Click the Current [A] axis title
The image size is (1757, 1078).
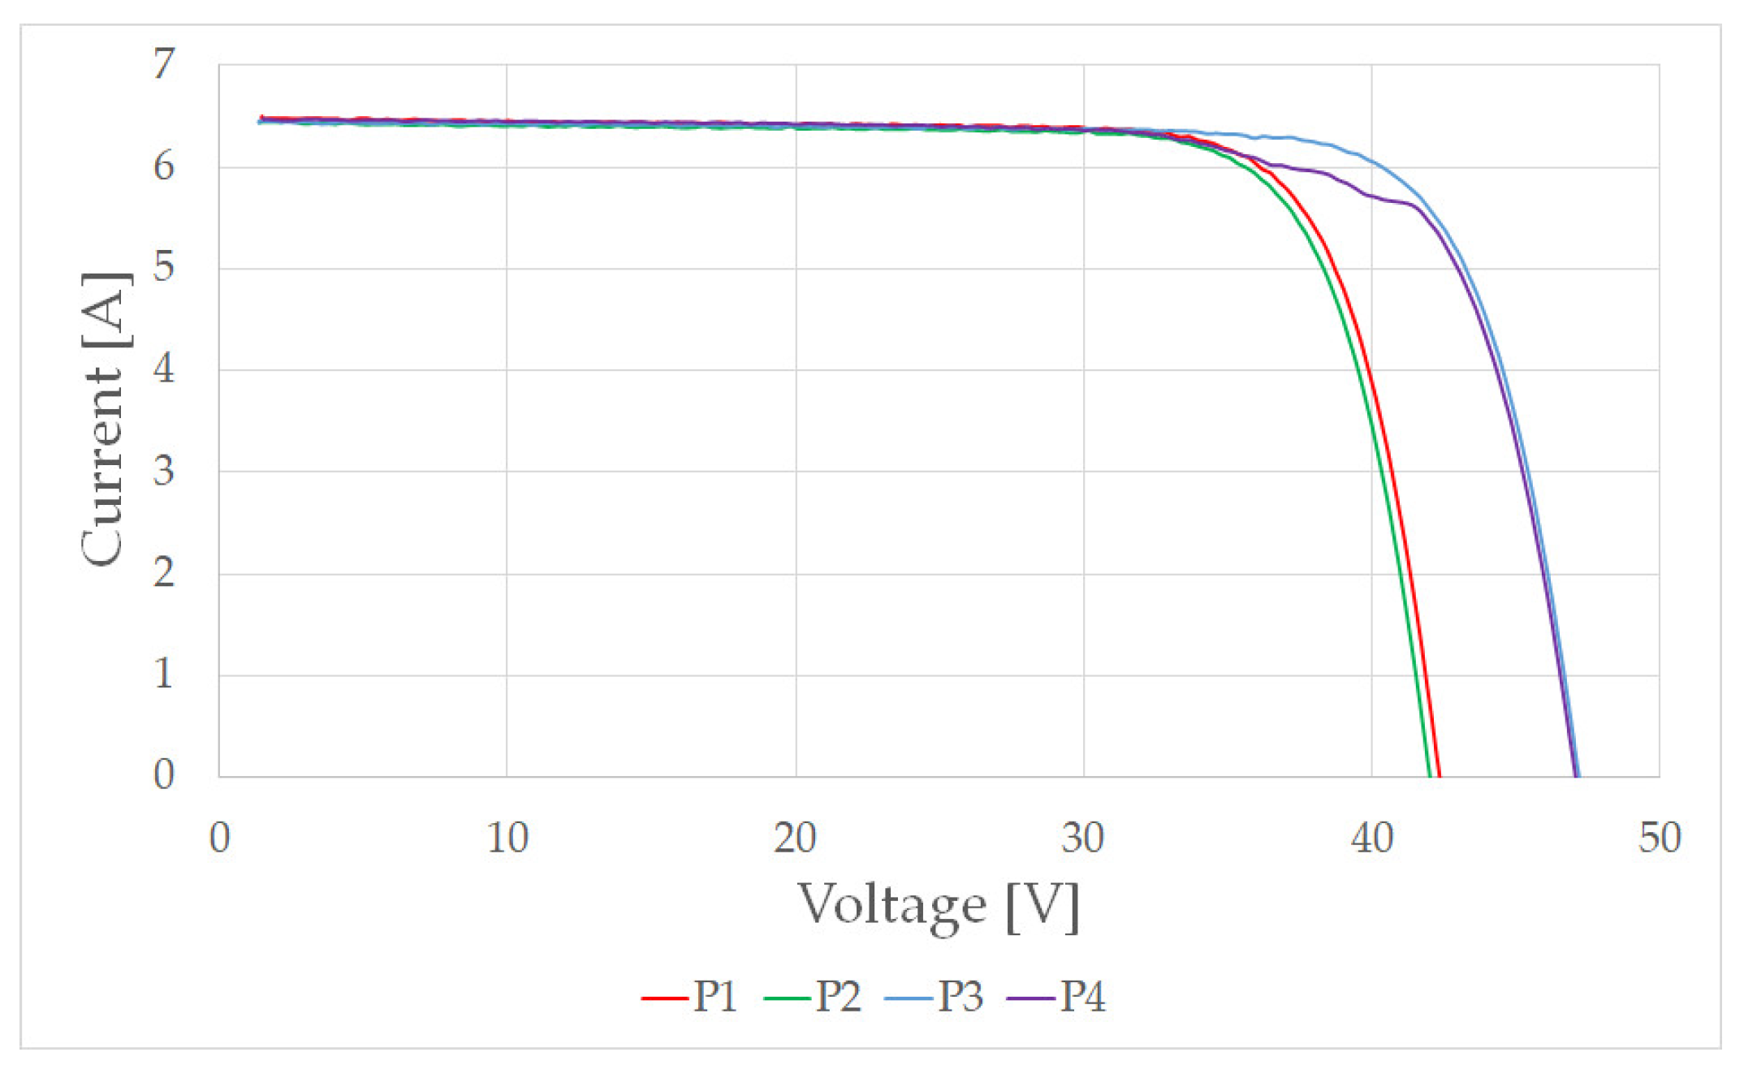104,419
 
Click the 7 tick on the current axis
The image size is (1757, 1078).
164,64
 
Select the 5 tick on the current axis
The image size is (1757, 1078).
164,268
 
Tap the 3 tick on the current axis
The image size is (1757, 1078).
164,472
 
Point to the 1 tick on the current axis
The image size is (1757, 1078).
164,675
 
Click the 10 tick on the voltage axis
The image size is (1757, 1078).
507,838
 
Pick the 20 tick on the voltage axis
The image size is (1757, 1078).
795,838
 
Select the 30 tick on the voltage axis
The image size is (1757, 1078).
1083,838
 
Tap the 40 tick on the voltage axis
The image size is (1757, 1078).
1372,838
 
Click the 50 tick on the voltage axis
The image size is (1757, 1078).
1660,838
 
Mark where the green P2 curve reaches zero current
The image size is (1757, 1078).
1430,776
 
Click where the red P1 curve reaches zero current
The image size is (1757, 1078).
1440,776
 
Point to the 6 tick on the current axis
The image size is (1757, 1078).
164,166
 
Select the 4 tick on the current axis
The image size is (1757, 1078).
164,370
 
